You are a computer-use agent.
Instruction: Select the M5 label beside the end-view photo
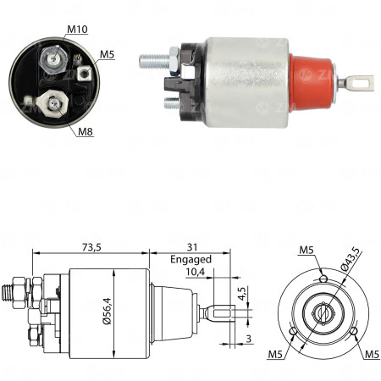click(x=107, y=56)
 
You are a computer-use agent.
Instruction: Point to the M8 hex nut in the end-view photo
click(x=54, y=102)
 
